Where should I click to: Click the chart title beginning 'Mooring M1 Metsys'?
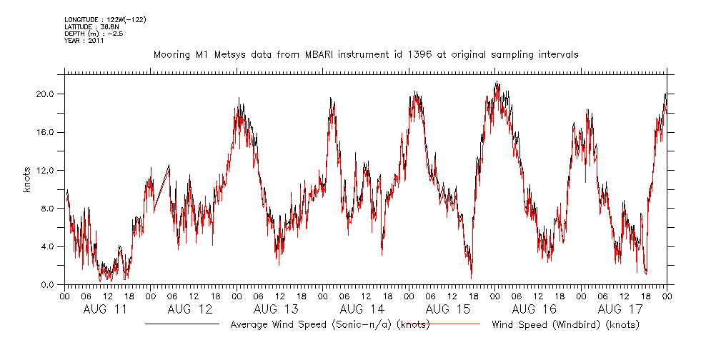click(366, 54)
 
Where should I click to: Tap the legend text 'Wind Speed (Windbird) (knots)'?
click(565, 325)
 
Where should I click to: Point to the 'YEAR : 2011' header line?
click(84, 41)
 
